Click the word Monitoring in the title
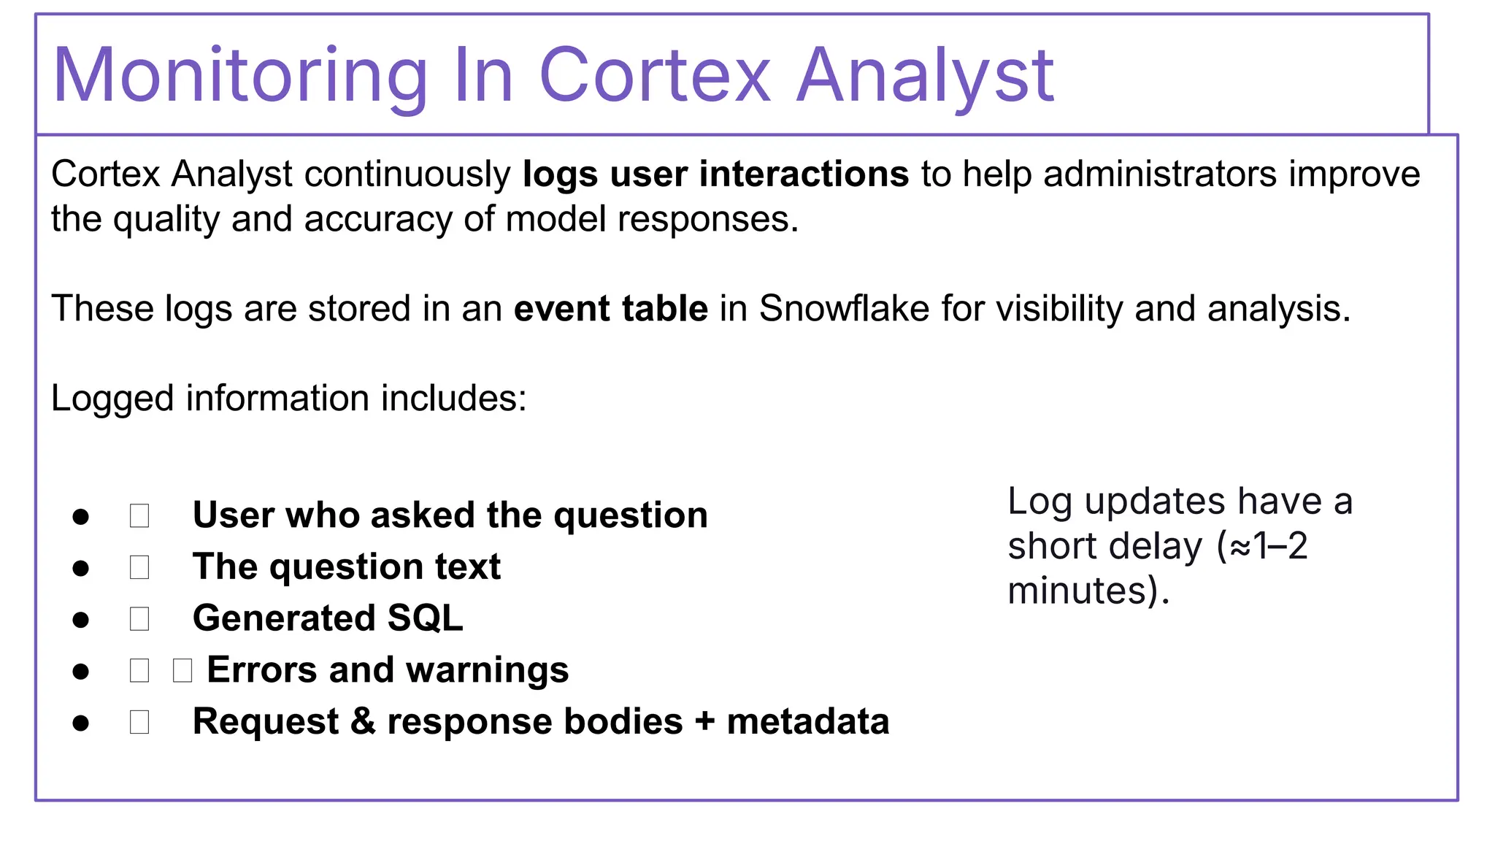pos(240,76)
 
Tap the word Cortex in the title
pos(655,76)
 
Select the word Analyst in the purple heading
pos(924,76)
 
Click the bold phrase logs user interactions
pos(715,174)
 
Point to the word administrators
pos(1160,174)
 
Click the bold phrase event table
pos(610,309)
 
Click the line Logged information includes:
pos(288,399)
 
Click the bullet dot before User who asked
pos(81,517)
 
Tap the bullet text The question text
pos(346,567)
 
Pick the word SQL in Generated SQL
pos(425,618)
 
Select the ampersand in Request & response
pos(363,722)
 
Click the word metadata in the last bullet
pos(807,722)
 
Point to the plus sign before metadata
pos(704,722)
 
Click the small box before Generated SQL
pos(139,619)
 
